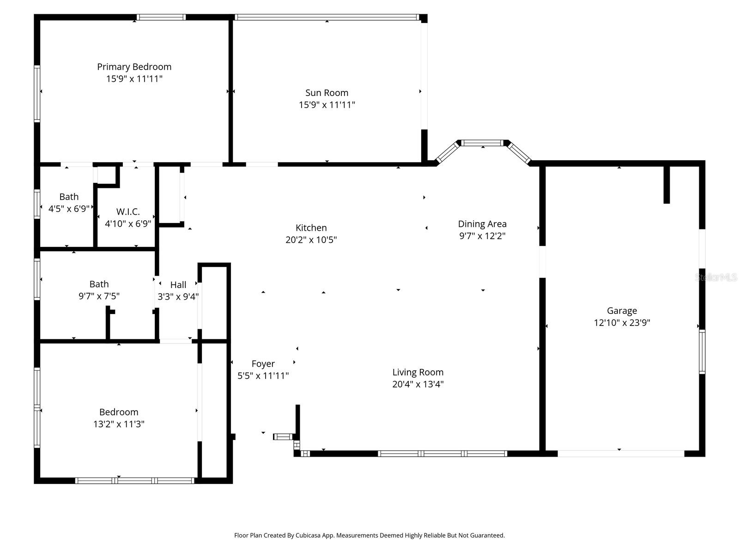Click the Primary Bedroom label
[x=134, y=66]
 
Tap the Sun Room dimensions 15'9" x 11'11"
[x=327, y=105]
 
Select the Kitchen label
[x=311, y=228]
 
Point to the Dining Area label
[x=482, y=224]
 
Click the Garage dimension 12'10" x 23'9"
[x=622, y=323]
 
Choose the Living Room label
[x=418, y=372]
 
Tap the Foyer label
[x=263, y=364]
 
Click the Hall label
[x=178, y=285]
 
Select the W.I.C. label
[x=128, y=212]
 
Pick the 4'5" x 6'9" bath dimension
[x=69, y=209]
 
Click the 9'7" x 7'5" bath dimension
[x=99, y=296]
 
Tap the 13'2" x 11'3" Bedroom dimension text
[x=119, y=424]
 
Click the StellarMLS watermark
[x=716, y=277]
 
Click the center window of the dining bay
[x=483, y=143]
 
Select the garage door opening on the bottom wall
[x=621, y=453]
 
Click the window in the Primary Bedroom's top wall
[x=161, y=18]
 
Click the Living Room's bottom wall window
[x=442, y=453]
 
